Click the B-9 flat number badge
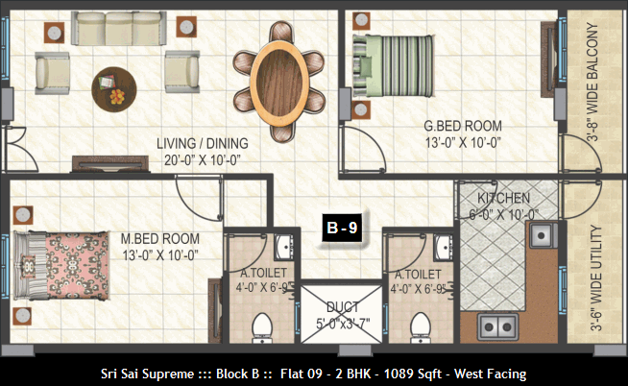pyautogui.click(x=342, y=228)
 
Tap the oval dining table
pyautogui.click(x=279, y=83)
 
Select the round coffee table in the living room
pyautogui.click(x=114, y=89)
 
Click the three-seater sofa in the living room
pyautogui.click(x=119, y=28)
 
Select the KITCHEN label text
pyautogui.click(x=503, y=198)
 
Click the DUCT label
pyautogui.click(x=343, y=307)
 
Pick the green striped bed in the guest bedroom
pyautogui.click(x=393, y=66)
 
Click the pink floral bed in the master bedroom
pyautogui.click(x=61, y=265)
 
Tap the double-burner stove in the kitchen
pyautogui.click(x=497, y=327)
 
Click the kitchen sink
pyautogui.click(x=543, y=235)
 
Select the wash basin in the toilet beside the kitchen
pyautogui.click(x=445, y=247)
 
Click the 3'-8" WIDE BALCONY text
pyautogui.click(x=592, y=82)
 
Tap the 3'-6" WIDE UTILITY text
pyautogui.click(x=596, y=278)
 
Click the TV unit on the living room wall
pyautogui.click(x=110, y=164)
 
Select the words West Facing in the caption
pyautogui.click(x=491, y=374)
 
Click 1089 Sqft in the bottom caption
pyautogui.click(x=413, y=374)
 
